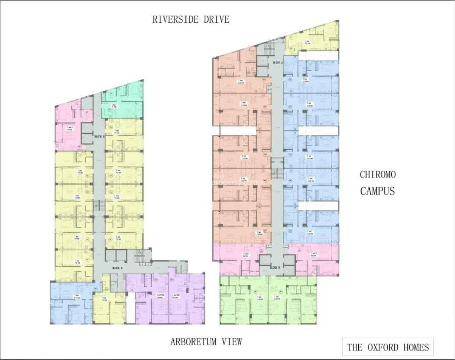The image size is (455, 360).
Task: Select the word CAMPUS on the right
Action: click(377, 191)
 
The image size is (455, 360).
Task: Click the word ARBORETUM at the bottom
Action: click(193, 342)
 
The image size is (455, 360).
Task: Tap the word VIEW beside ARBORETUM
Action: click(230, 342)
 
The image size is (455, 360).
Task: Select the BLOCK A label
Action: click(278, 62)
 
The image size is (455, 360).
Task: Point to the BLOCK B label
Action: click(275, 268)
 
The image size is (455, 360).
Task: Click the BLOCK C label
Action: click(117, 268)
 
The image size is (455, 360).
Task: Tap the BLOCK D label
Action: click(99, 136)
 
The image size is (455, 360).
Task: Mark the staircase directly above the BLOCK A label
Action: click(270, 49)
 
